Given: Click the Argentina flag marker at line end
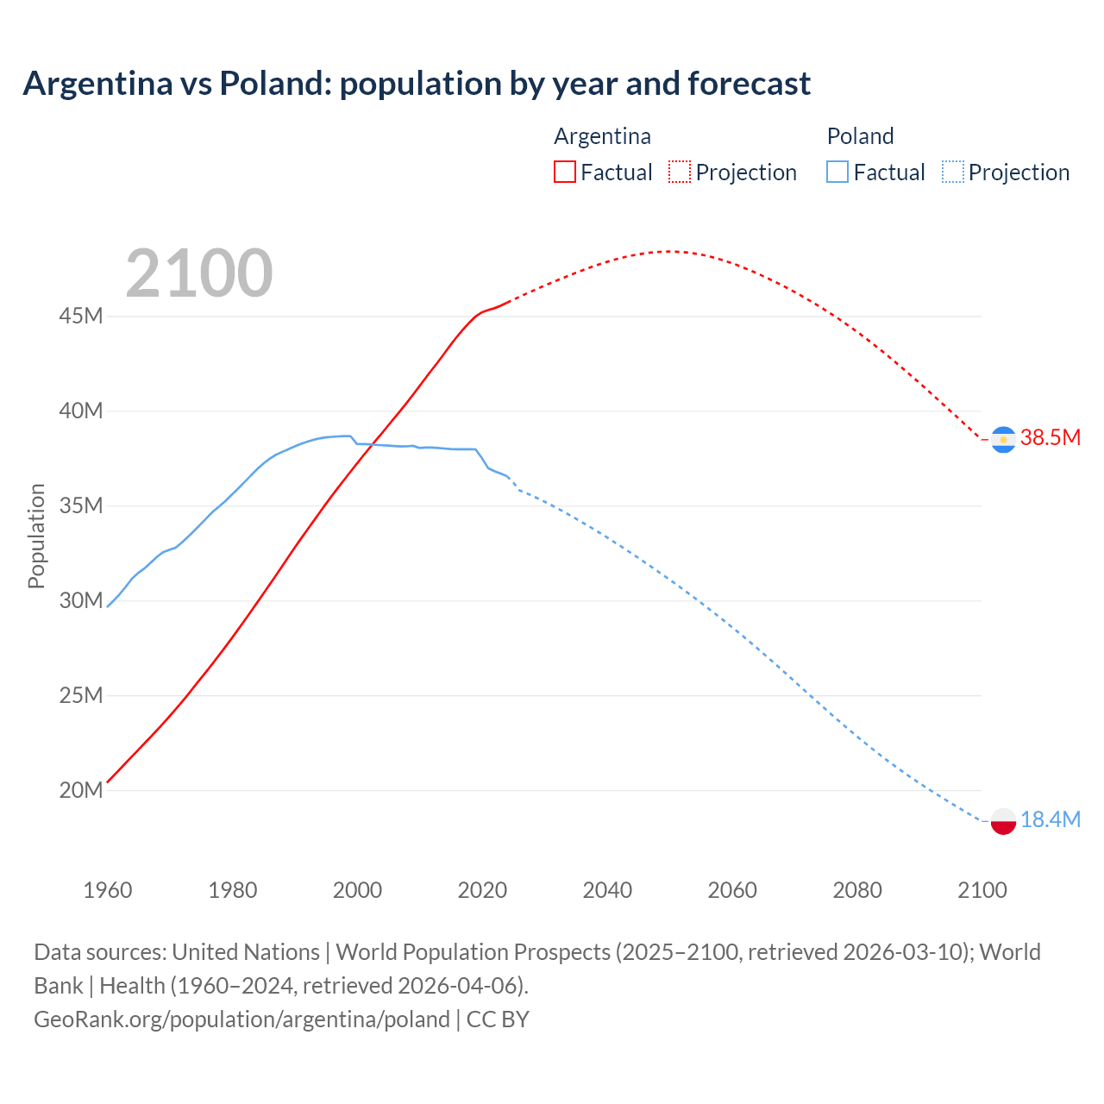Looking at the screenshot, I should click(x=1003, y=439).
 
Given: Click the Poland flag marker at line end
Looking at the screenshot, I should click(x=1003, y=821).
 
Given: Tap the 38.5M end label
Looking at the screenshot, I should click(x=1050, y=437).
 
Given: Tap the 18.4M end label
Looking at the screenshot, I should click(x=1050, y=819).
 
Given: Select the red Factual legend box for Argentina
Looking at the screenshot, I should click(x=565, y=172).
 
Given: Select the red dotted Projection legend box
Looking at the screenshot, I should click(x=680, y=172).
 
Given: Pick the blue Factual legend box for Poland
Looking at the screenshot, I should click(x=837, y=172).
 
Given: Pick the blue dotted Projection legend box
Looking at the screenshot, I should click(x=953, y=172).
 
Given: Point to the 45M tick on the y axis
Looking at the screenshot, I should click(x=81, y=317).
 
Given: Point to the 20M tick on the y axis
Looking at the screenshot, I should click(x=81, y=790).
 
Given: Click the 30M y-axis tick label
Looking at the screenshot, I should click(x=81, y=600).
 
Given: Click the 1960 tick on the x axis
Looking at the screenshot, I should click(x=108, y=890).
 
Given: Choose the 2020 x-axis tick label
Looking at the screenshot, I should click(x=482, y=890).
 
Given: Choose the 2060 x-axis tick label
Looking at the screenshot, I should click(x=732, y=890).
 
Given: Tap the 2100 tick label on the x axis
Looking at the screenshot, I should click(x=982, y=890).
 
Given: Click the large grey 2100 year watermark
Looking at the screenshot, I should click(x=199, y=273).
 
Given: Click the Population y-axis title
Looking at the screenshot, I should click(x=36, y=536).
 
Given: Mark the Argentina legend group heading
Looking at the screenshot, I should click(x=602, y=136).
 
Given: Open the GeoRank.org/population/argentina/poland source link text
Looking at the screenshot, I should click(x=241, y=1019).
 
